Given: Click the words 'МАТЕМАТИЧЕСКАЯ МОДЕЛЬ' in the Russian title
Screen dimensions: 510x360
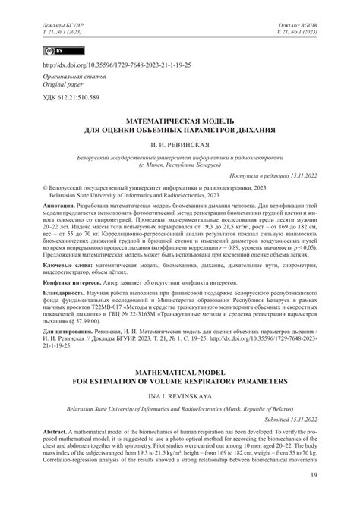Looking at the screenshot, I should [181, 120].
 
